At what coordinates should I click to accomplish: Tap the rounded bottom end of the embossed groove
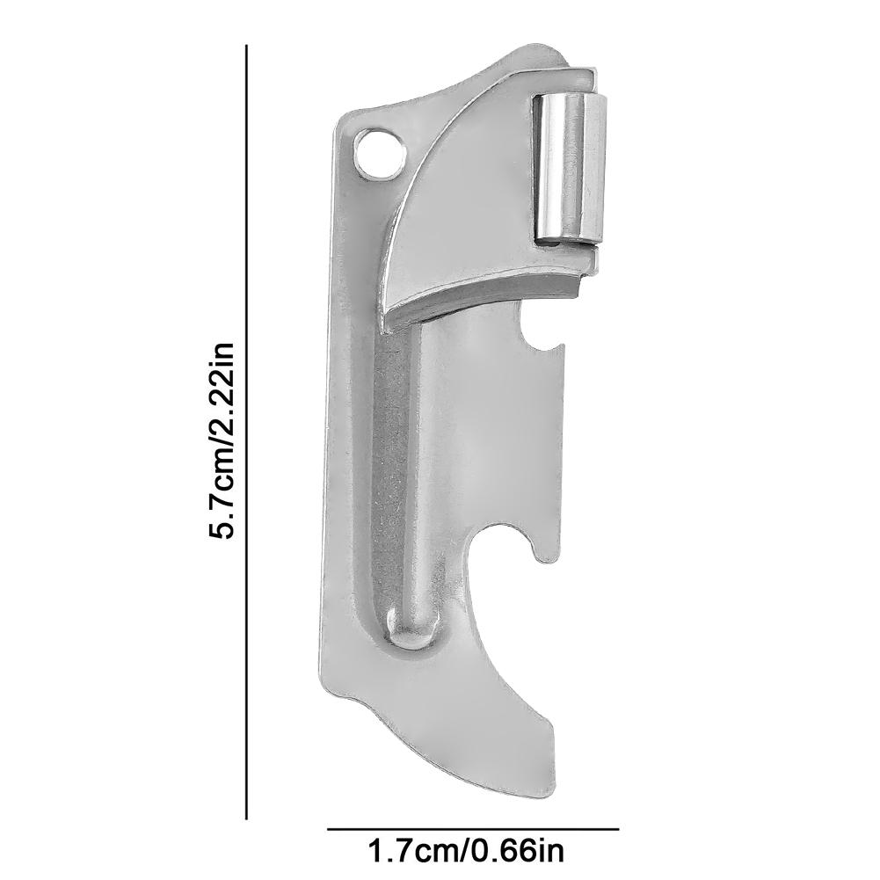tap(408, 629)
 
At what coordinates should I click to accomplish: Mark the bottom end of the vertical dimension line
tap(247, 818)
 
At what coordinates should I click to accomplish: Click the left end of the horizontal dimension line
tap(329, 828)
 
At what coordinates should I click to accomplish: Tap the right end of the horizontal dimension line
tap(618, 828)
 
